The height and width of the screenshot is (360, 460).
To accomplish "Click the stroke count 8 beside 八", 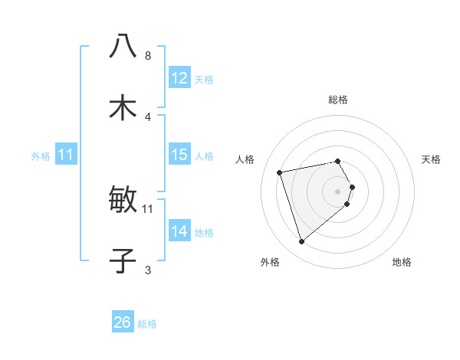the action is pos(147,56).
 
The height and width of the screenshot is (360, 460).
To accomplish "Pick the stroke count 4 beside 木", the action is pos(147,117).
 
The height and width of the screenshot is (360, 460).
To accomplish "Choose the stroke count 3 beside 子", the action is pos(147,270).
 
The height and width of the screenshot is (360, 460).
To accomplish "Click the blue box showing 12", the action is pos(179,78).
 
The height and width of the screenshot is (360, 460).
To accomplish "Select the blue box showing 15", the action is pos(179,155).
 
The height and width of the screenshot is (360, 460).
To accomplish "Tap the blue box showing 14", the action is pos(179,231).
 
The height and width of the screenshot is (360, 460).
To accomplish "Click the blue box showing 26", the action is pos(123,322).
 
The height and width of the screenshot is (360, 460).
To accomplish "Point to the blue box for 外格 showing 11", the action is pos(66,155).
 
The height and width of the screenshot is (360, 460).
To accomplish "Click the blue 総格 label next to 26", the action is pos(147,324).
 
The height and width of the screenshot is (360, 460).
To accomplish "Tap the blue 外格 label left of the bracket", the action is pos(41,155).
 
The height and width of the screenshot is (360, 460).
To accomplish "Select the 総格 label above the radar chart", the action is pos(337,100).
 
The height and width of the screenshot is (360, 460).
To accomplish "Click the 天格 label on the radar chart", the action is pos(431,159).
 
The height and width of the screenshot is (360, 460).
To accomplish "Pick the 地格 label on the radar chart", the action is pos(402,262).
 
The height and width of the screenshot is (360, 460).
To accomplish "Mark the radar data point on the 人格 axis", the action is pos(280,172).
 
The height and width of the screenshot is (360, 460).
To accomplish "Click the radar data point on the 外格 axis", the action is pos(301,242).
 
